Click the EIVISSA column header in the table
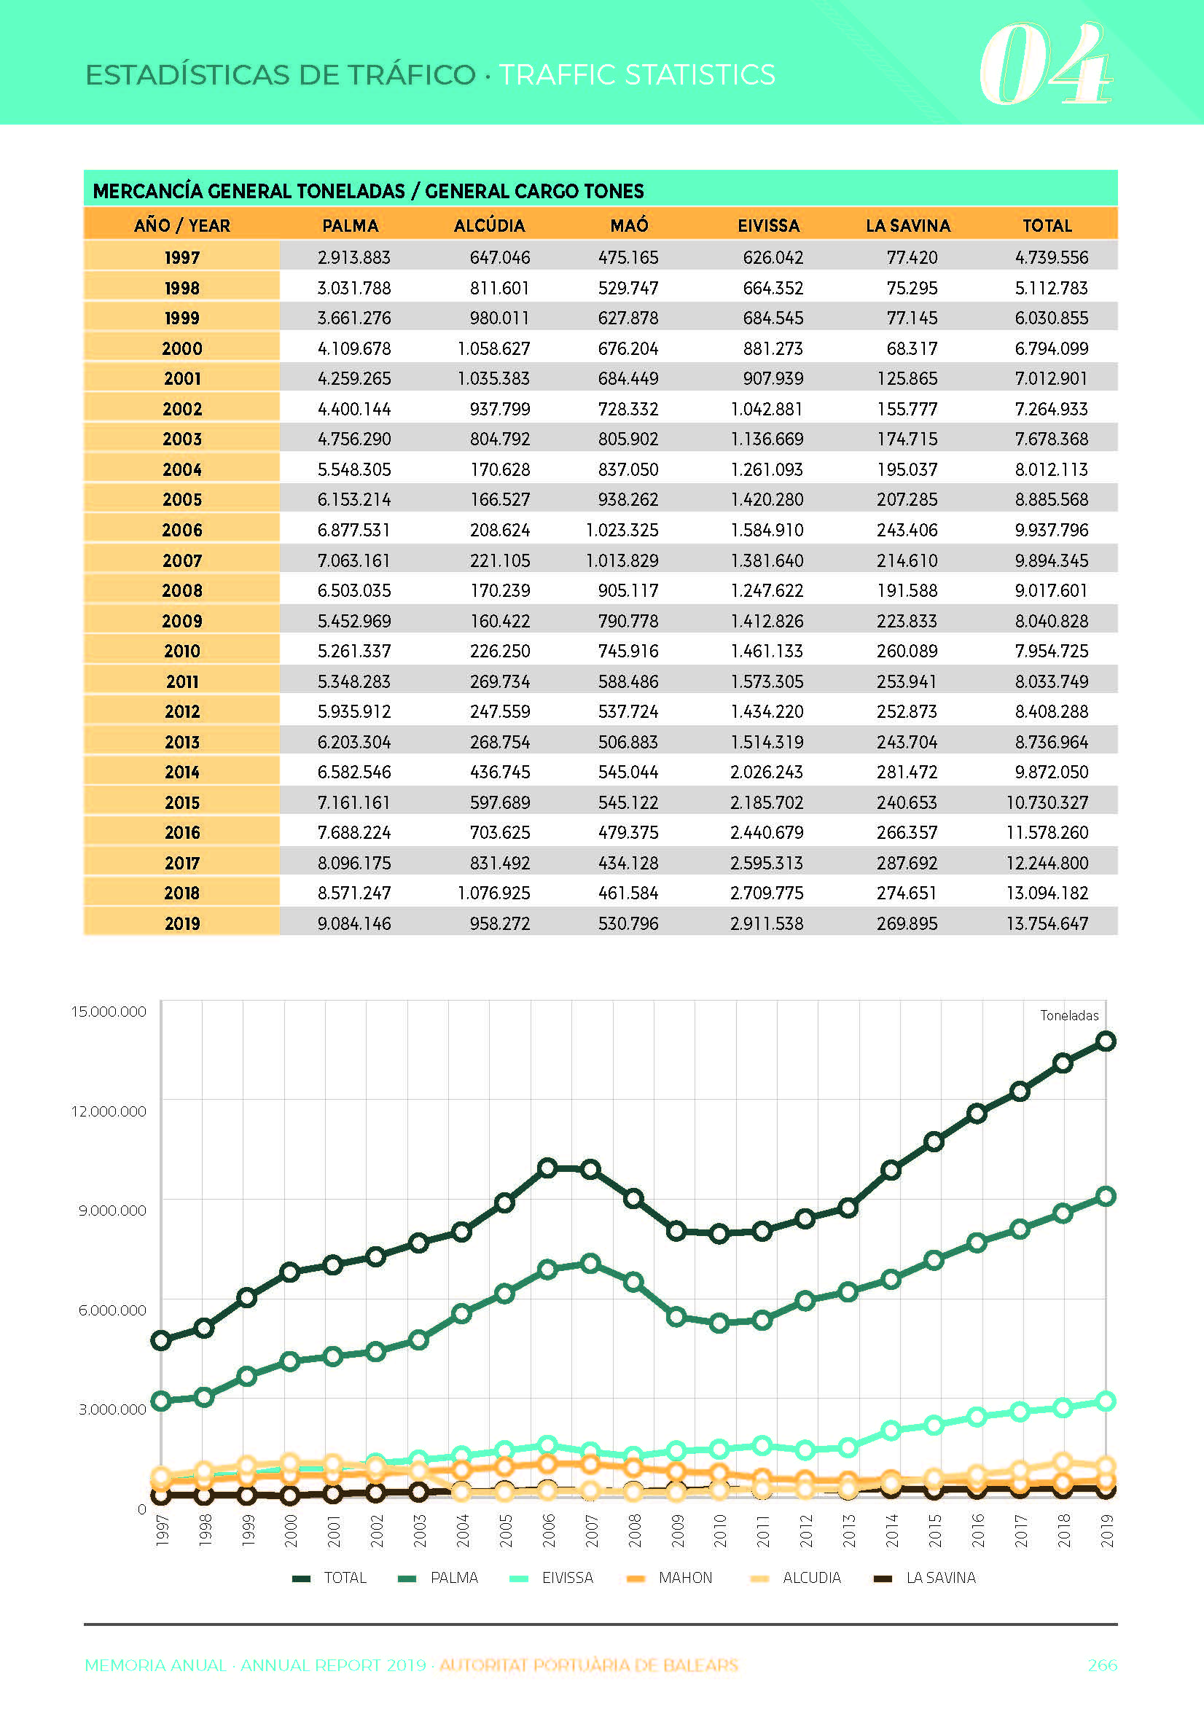pyautogui.click(x=768, y=225)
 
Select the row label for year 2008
pyautogui.click(x=181, y=591)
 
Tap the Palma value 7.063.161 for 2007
pyautogui.click(x=353, y=560)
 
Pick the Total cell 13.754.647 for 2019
pyautogui.click(x=1047, y=923)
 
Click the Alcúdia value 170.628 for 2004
pyautogui.click(x=500, y=469)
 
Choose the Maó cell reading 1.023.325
pyautogui.click(x=622, y=530)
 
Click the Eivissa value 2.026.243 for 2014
pyautogui.click(x=766, y=772)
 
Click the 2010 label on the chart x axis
pyautogui.click(x=720, y=1530)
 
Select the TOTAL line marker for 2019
pyautogui.click(x=1106, y=1041)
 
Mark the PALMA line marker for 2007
pyautogui.click(x=590, y=1263)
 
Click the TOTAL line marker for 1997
pyautogui.click(x=161, y=1340)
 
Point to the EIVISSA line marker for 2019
pyautogui.click(x=1106, y=1401)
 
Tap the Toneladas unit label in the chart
pyautogui.click(x=1069, y=1015)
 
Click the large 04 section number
pyautogui.click(x=1044, y=64)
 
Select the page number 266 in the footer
pyautogui.click(x=1102, y=1665)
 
